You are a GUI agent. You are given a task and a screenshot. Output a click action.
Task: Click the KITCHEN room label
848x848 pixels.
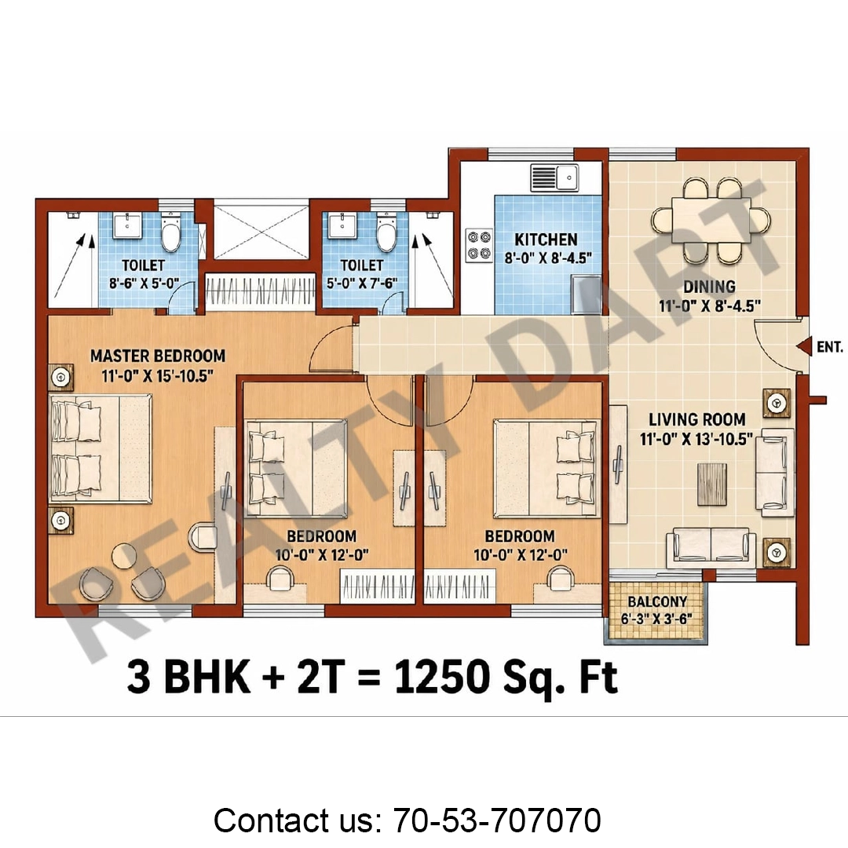coord(546,239)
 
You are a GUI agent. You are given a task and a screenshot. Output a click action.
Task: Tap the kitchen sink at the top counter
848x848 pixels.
coord(554,178)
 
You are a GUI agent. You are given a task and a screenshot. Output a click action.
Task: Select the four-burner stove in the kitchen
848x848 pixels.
coord(479,245)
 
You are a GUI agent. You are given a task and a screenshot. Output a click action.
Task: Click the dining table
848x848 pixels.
coord(711,221)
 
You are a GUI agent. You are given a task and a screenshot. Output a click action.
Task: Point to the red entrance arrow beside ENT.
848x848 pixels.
coord(805,346)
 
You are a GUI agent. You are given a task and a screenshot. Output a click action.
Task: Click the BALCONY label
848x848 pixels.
coord(657,601)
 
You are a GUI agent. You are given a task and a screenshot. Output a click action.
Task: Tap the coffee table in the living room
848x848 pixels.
coord(711,484)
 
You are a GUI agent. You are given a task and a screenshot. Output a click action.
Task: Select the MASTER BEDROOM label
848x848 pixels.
coord(157,356)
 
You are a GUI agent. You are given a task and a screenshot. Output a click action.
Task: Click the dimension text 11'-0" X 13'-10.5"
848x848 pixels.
coord(696,439)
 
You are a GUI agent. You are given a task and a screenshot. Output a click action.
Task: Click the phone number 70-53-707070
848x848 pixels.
coord(497,821)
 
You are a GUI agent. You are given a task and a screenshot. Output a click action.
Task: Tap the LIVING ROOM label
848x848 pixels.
coord(697,419)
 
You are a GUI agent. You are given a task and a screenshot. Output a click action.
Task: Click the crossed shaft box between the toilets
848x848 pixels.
coord(261,229)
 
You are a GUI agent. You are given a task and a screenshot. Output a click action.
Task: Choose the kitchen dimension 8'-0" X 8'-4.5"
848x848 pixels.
coord(548,258)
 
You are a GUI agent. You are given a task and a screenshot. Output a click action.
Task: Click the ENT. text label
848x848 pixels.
coord(830,347)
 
